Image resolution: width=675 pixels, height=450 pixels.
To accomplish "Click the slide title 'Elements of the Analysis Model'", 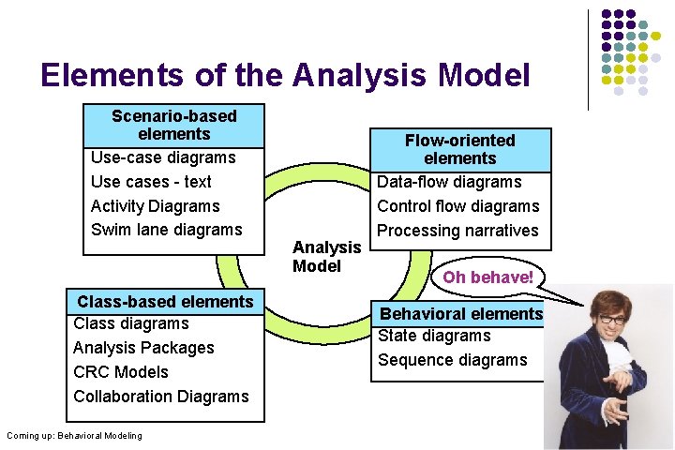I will click(x=285, y=75).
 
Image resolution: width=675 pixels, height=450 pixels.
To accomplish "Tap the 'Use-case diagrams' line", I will click(x=163, y=157).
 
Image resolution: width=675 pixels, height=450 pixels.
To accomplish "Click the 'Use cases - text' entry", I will click(x=151, y=182).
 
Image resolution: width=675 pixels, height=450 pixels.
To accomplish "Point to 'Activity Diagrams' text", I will click(x=155, y=206).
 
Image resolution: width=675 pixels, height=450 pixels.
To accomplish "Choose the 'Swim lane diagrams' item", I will click(x=166, y=230).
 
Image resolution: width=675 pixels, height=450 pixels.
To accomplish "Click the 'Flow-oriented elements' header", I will click(x=459, y=149).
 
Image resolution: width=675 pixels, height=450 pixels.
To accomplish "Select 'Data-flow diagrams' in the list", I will click(x=449, y=182).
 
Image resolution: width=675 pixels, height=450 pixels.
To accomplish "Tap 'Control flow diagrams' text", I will click(x=457, y=206).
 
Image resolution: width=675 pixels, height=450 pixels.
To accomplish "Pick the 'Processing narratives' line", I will click(x=457, y=231).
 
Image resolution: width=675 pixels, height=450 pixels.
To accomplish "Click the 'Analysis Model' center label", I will click(x=326, y=256).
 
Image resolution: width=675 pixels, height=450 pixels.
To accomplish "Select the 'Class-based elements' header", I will click(x=165, y=301).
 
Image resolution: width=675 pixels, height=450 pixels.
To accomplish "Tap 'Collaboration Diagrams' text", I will click(x=161, y=397).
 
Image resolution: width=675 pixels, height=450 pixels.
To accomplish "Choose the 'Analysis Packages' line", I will click(x=143, y=348).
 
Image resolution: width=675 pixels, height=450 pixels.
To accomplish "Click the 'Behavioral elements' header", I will click(x=460, y=314).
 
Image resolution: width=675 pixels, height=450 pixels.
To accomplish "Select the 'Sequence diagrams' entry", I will click(x=452, y=360).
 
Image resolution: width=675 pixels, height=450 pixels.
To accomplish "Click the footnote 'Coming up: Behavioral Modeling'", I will click(x=74, y=435).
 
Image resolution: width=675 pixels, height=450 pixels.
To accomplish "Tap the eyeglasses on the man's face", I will click(x=611, y=318).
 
